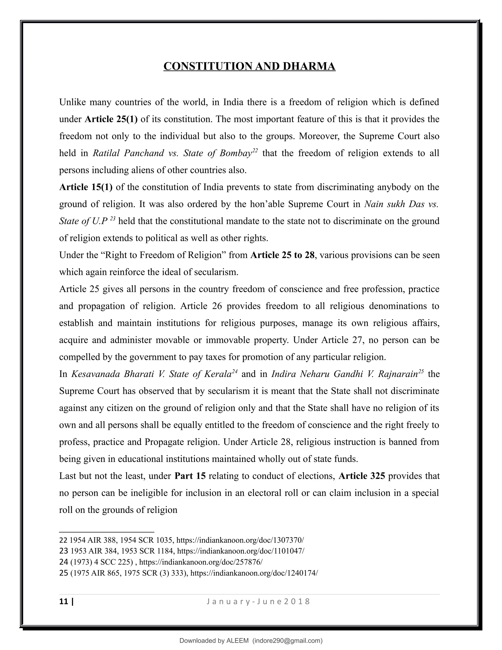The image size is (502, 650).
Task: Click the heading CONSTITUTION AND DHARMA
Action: (249, 66)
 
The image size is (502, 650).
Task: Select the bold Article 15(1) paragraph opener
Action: (86, 187)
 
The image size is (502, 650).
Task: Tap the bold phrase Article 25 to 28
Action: (282, 255)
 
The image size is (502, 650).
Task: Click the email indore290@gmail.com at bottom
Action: (287, 640)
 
